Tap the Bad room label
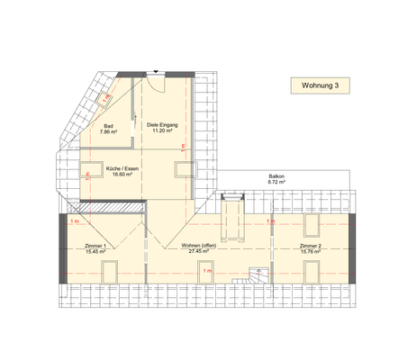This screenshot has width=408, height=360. point(108,126)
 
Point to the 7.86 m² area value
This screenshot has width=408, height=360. point(108,132)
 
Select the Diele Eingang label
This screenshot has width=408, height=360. point(163,126)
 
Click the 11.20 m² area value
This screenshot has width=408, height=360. point(163,132)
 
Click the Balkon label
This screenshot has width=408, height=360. point(276,175)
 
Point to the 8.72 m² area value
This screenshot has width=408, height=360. point(276,182)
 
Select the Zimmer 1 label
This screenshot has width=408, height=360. point(95,246)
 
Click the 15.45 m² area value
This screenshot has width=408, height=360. point(95,252)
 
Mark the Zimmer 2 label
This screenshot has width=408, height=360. point(311,246)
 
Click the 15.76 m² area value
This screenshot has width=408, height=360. point(311,252)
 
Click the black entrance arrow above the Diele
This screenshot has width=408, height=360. point(158,71)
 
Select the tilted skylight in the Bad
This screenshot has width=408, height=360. point(105,94)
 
